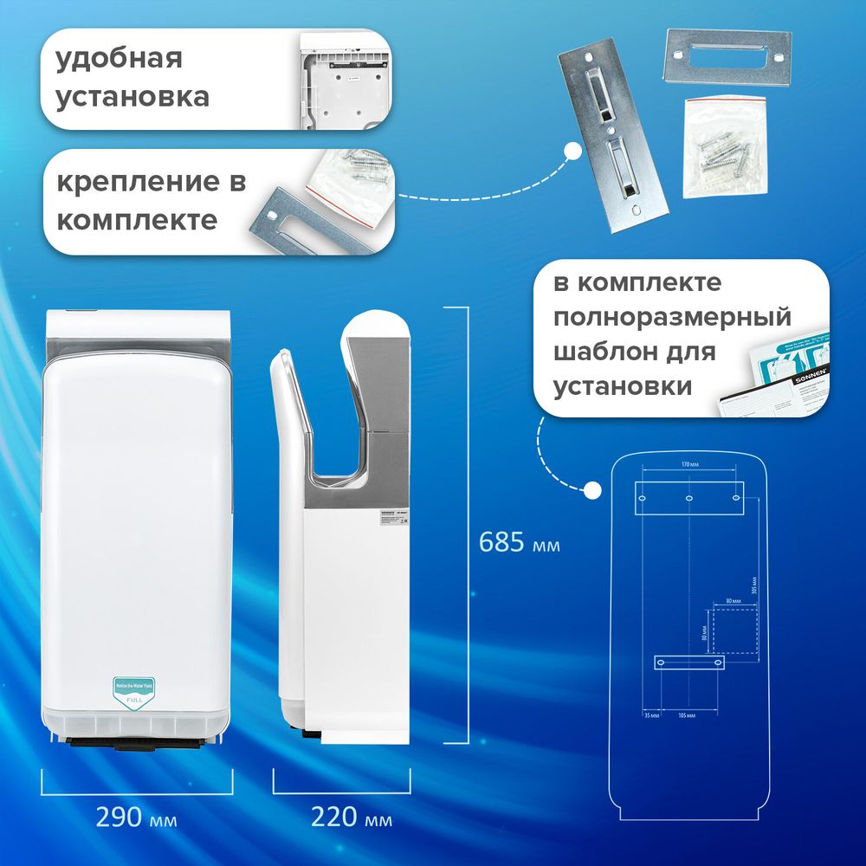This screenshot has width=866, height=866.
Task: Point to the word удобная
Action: (x=119, y=60)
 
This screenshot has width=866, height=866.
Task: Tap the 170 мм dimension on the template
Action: (x=689, y=465)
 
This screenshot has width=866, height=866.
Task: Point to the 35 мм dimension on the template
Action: (x=651, y=716)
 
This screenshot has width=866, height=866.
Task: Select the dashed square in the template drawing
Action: (x=734, y=630)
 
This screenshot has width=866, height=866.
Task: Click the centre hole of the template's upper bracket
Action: (x=689, y=499)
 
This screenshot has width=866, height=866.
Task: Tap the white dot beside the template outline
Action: (x=592, y=491)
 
